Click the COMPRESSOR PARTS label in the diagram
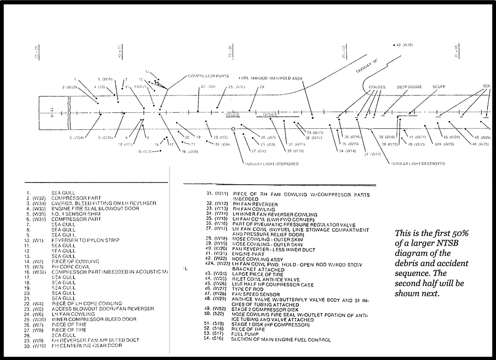208,76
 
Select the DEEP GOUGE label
409,87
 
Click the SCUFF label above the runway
439,87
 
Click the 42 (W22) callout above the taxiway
404,45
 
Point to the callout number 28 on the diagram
262,87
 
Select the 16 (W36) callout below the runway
189,151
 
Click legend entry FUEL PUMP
244,334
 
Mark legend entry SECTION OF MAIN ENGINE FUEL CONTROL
280,339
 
